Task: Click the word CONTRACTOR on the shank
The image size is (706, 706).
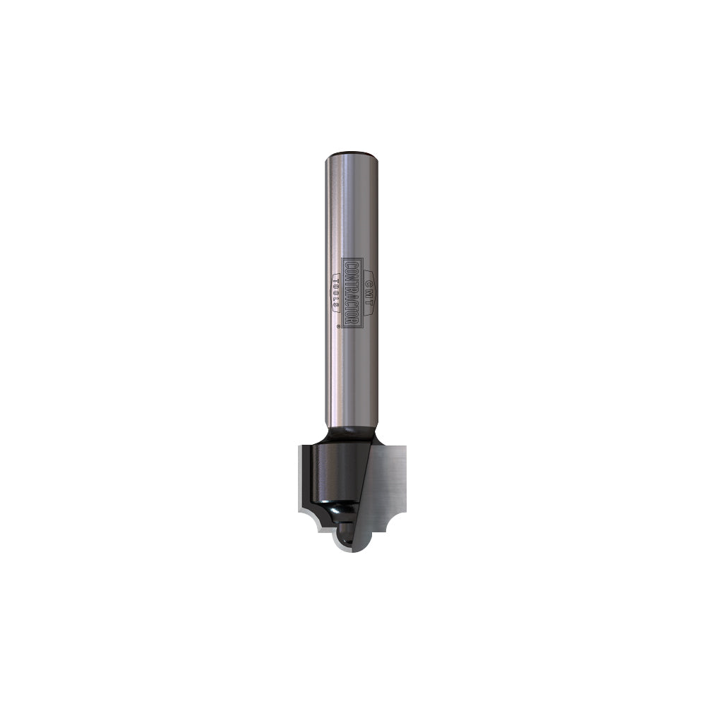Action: pyautogui.click(x=352, y=292)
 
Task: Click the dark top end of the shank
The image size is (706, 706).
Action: pyautogui.click(x=352, y=153)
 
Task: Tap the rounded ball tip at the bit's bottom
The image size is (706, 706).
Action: pyautogui.click(x=344, y=537)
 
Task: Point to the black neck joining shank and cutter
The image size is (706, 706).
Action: pyautogui.click(x=351, y=432)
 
